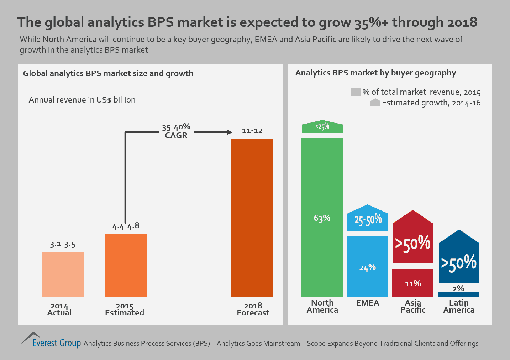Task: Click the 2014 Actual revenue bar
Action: pos(63,274)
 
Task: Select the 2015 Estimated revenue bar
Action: pos(126,265)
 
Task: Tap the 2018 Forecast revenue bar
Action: pos(252,218)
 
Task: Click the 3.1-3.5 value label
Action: pos(63,245)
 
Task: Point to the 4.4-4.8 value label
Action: pos(126,226)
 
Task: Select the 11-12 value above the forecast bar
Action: pos(252,131)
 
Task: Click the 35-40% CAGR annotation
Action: pos(176,131)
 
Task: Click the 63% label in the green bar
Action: pos(322,218)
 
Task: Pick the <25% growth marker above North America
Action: pos(322,127)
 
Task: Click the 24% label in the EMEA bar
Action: pos(368,267)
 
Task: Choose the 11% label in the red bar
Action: pos(413,284)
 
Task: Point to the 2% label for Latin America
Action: pos(458,288)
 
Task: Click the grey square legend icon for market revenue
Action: pos(355,92)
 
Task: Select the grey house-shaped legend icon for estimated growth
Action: pos(375,103)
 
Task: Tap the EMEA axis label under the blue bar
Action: pos(368,303)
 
